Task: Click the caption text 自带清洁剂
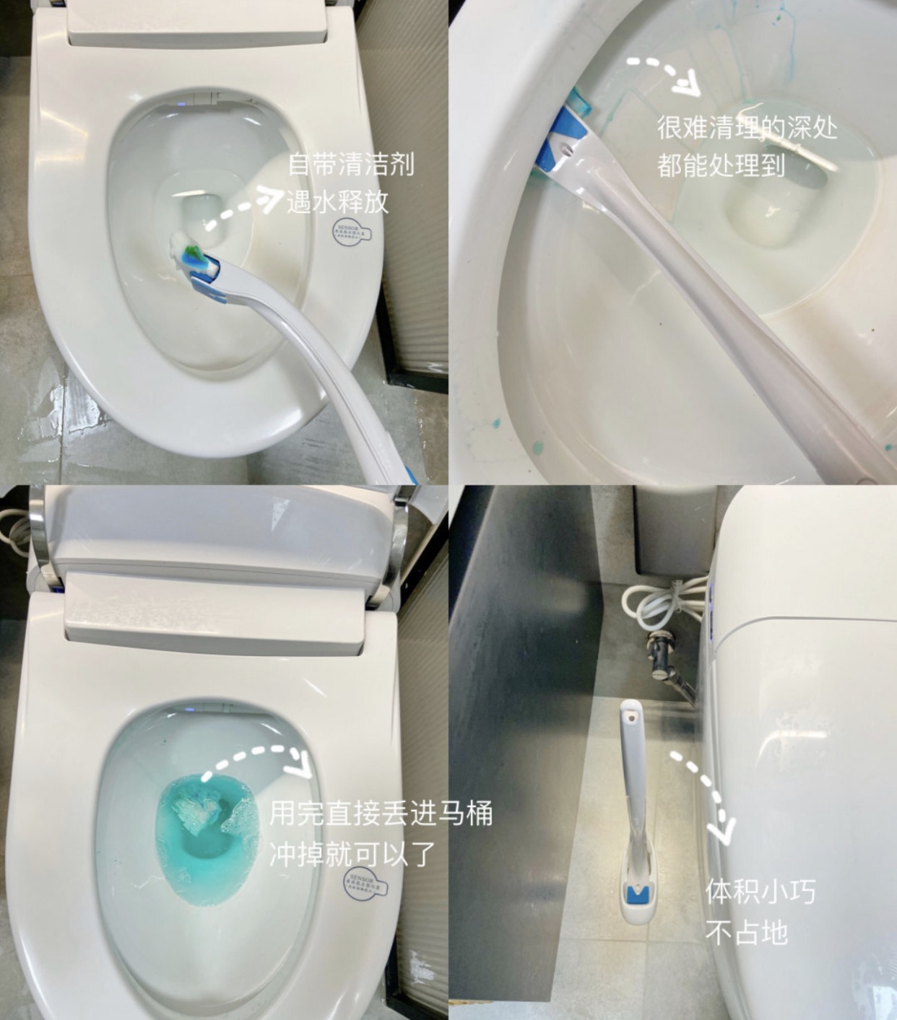[x=351, y=165]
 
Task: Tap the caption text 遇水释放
[x=338, y=201]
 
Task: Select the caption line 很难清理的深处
[x=747, y=128]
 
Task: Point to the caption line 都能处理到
[x=721, y=165]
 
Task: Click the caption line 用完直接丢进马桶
[x=381, y=814]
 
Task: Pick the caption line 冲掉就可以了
[x=352, y=854]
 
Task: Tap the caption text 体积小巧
[x=760, y=892]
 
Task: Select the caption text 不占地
[x=746, y=933]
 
